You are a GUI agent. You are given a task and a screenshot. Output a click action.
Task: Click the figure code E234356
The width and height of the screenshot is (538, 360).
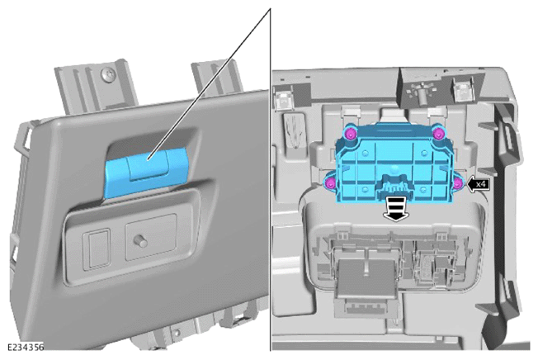[26, 348]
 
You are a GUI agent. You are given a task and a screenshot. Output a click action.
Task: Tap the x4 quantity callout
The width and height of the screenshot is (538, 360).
[479, 184]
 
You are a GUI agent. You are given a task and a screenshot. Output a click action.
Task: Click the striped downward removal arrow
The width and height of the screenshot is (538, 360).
[396, 209]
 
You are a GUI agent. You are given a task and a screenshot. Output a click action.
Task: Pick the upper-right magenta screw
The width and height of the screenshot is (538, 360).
[438, 134]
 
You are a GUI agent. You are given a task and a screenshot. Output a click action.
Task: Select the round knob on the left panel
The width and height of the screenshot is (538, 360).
[140, 241]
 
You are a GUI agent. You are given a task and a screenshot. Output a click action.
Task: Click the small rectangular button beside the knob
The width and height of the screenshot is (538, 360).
[97, 249]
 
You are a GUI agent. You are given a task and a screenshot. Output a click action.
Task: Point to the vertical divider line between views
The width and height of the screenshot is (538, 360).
[271, 179]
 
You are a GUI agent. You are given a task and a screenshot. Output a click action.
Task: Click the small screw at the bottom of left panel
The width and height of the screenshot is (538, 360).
[177, 332]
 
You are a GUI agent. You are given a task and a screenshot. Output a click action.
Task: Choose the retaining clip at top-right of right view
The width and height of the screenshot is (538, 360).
[461, 88]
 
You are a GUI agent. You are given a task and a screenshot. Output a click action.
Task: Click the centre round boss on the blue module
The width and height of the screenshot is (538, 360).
[394, 168]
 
